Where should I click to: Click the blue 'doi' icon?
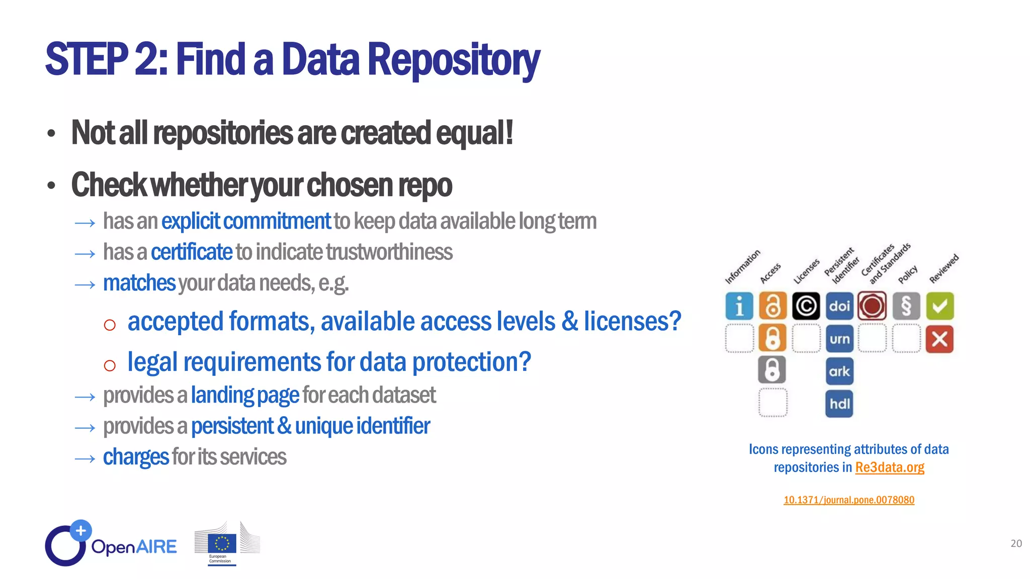(x=839, y=306)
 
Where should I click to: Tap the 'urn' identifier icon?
(x=839, y=339)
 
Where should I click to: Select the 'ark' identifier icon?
(x=839, y=371)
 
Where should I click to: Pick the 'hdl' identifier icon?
(x=839, y=404)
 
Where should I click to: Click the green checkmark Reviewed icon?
(x=939, y=306)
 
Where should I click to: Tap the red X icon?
(x=939, y=339)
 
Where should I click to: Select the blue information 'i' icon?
(x=739, y=306)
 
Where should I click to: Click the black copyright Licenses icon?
(x=806, y=306)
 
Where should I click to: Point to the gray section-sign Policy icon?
(x=906, y=306)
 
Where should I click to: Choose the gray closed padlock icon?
(x=772, y=370)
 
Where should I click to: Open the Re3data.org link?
(x=889, y=467)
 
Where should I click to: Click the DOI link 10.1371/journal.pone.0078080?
(x=849, y=500)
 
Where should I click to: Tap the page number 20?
(x=1016, y=543)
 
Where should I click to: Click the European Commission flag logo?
(x=222, y=544)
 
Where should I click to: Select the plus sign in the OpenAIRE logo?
(x=81, y=530)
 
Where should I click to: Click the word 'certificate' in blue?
(x=192, y=252)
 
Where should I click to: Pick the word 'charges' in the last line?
(x=136, y=457)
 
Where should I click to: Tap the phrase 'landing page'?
(x=245, y=396)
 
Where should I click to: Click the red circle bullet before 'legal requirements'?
(x=110, y=365)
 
